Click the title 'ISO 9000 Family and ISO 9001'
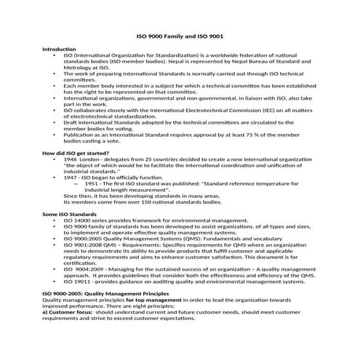pyautogui.click(x=180, y=35)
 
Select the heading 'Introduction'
pyautogui.click(x=59, y=49)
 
